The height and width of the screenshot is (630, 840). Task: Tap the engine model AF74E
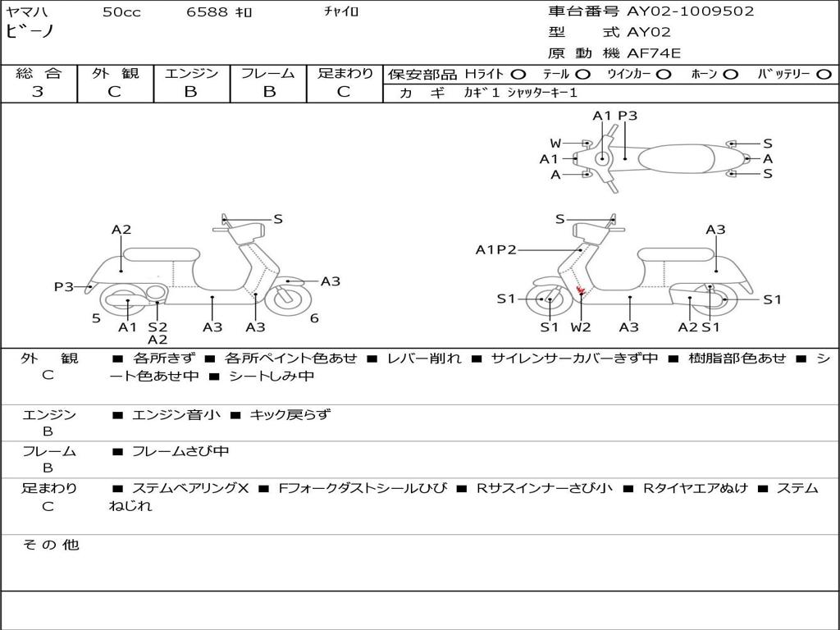point(654,54)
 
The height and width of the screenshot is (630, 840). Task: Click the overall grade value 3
point(38,92)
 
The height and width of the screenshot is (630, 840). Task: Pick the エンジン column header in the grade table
point(191,73)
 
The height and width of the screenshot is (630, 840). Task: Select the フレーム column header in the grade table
point(268,73)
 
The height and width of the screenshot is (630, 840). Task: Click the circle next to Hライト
point(518,75)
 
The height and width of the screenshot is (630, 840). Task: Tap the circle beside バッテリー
point(824,75)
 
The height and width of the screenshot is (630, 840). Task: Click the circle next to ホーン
point(731,75)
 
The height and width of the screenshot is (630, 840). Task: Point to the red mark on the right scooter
point(580,290)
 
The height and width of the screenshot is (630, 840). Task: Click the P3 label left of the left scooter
point(64,286)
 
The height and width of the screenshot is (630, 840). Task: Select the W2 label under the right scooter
point(581,327)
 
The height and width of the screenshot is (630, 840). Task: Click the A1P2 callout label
point(495,249)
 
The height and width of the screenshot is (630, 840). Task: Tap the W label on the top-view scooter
point(555,144)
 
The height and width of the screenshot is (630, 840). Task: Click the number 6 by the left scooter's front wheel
point(314,318)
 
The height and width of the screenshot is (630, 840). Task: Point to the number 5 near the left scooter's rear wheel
point(96,318)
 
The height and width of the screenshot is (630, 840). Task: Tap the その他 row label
point(50,545)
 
